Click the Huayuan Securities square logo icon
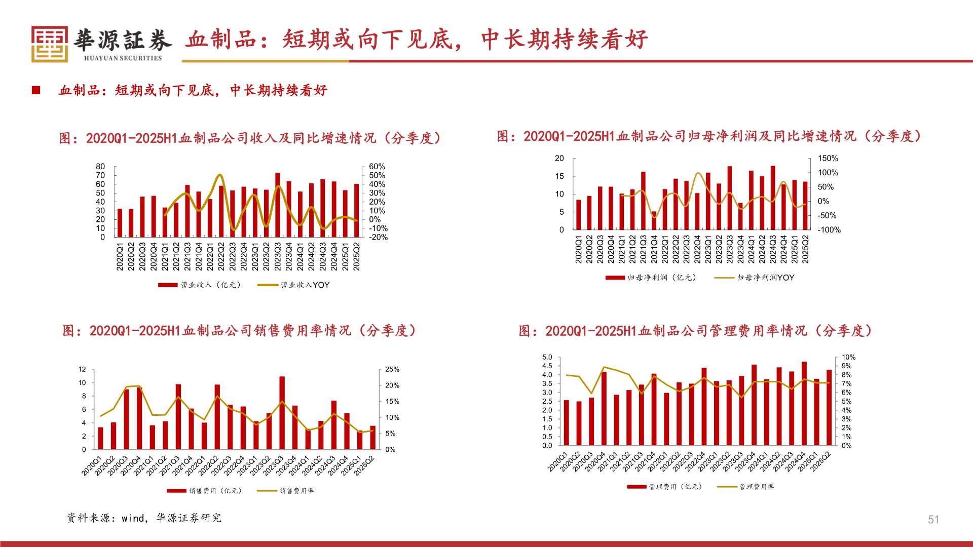point(49,44)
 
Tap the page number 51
point(933,520)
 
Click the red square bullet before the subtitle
point(36,90)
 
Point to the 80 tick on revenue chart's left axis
point(100,167)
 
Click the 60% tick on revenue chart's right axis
point(377,167)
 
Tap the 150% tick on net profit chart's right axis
point(828,159)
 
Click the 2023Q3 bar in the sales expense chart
point(282,413)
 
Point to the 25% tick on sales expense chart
point(392,370)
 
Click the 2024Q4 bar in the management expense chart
point(804,404)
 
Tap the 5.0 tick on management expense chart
point(547,358)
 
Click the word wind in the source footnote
point(133,518)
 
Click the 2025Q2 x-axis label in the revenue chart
point(357,256)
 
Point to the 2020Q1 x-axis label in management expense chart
point(557,462)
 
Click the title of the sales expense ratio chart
point(239,331)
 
